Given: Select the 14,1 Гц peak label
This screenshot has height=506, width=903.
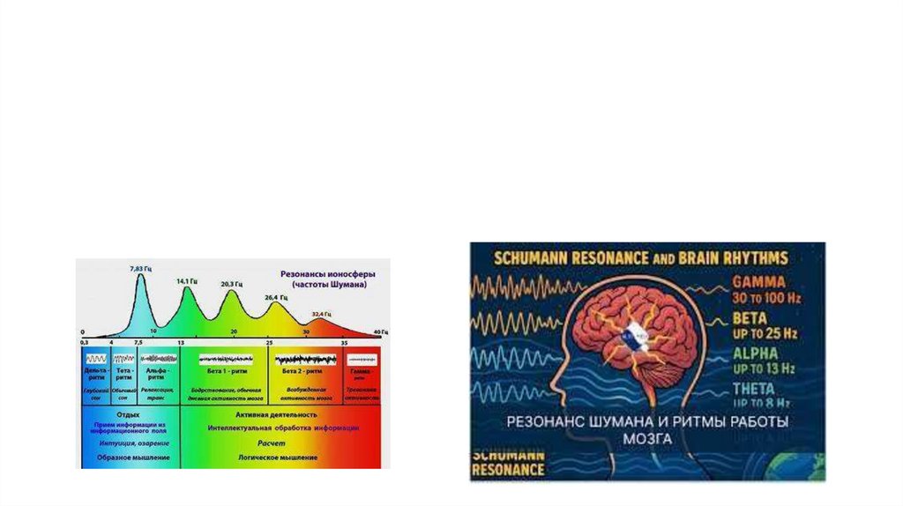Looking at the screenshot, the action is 186,281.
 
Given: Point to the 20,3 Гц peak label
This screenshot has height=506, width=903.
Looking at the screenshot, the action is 232,285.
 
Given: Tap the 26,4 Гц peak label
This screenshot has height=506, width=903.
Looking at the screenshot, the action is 276,297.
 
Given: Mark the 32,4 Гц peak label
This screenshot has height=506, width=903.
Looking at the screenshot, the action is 321,314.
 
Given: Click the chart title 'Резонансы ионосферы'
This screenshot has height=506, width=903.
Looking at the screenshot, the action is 321,274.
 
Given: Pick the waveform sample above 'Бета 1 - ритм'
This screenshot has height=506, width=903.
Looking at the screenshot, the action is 226,359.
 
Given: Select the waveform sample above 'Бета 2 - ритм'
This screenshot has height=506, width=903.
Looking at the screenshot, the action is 305,359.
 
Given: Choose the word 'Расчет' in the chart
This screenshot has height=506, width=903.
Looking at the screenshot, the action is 271,443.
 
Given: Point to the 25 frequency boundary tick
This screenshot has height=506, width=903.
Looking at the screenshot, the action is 269,340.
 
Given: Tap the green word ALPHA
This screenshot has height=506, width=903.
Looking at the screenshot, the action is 756,353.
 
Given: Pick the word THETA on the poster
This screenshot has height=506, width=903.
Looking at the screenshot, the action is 754,389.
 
